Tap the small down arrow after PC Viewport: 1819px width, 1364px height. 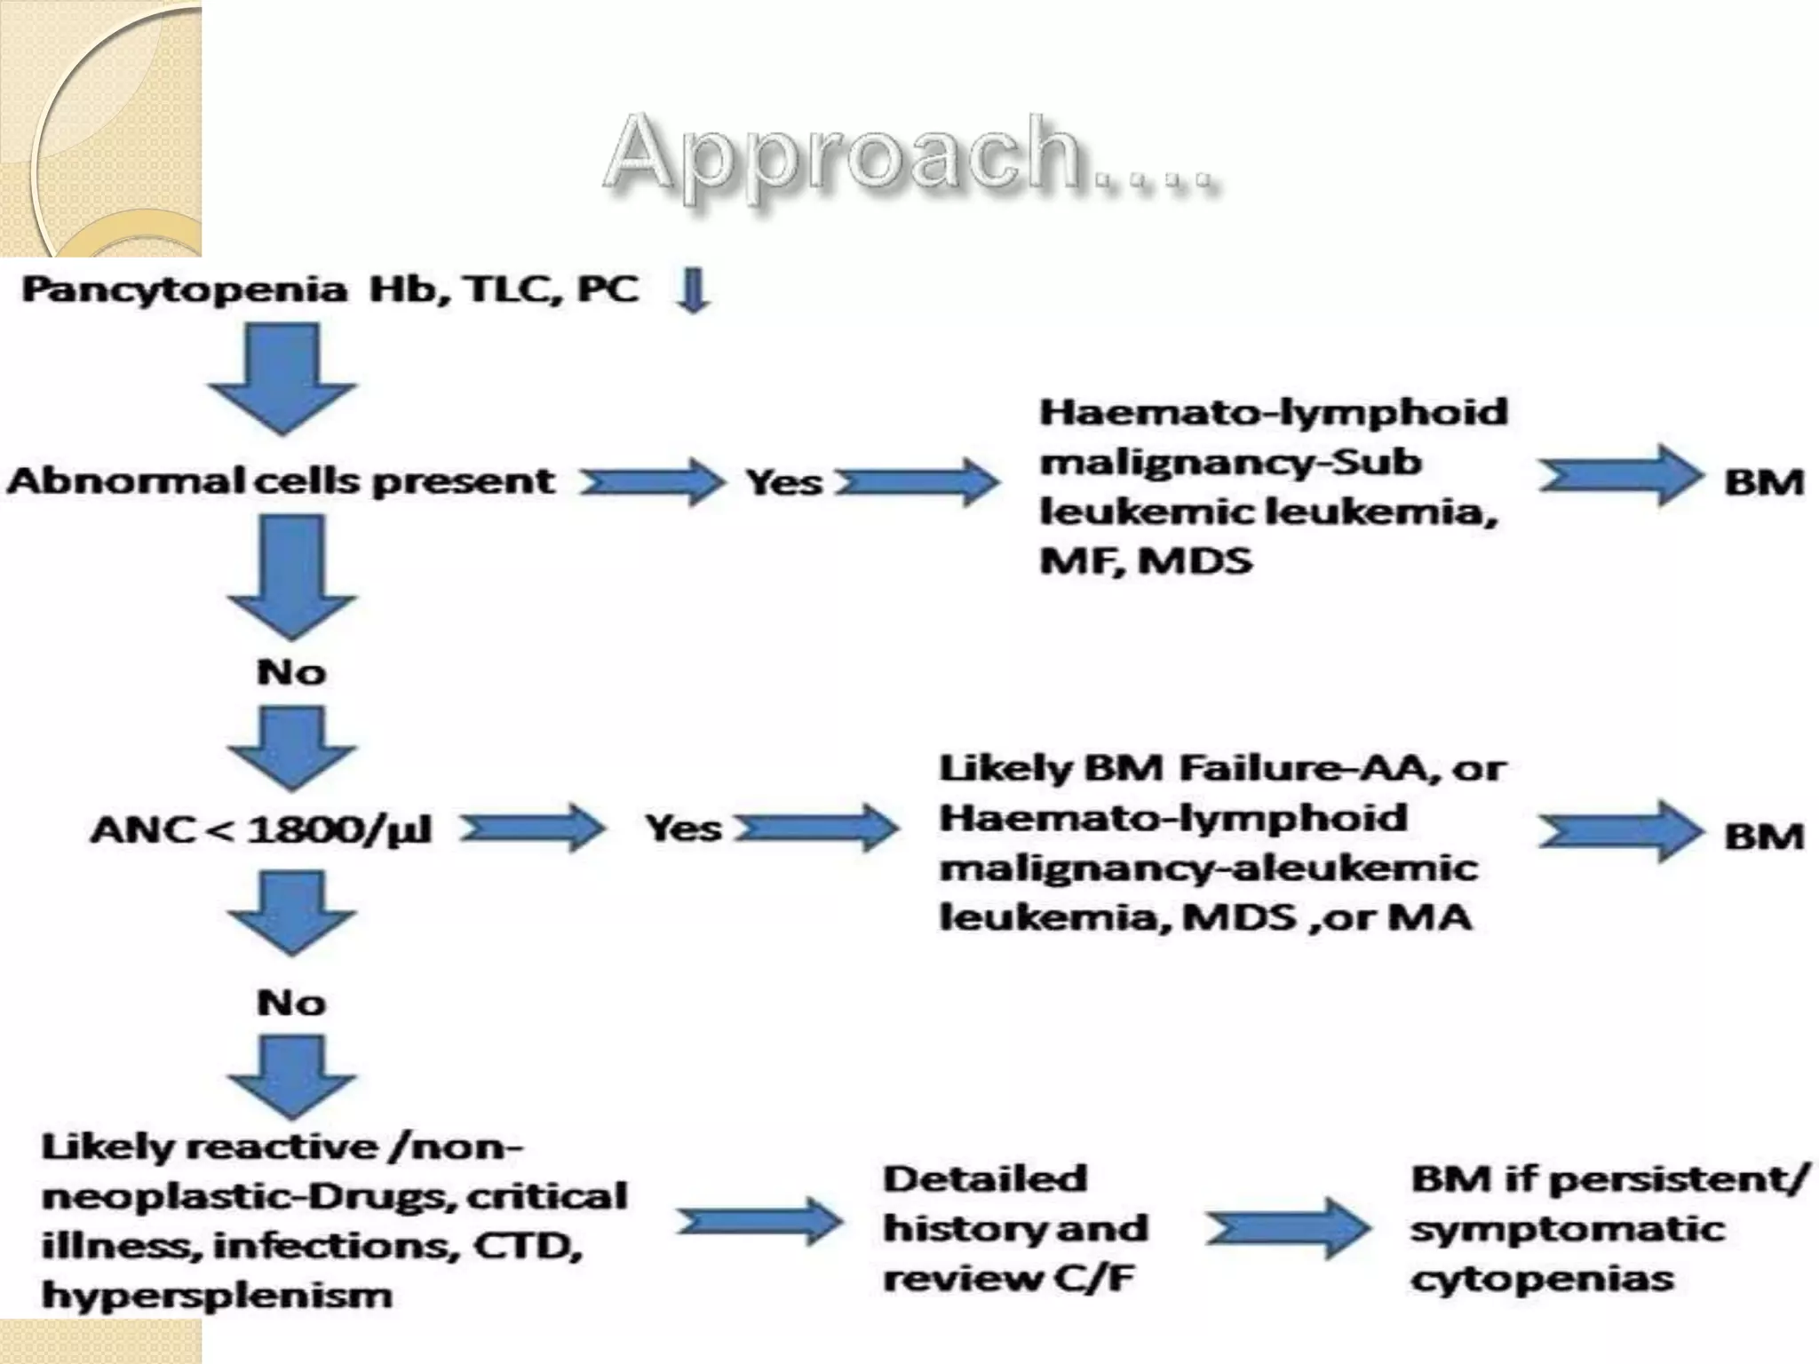[x=693, y=290]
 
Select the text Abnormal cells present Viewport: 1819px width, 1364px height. [x=281, y=481]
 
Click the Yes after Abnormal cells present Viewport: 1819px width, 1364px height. [x=783, y=483]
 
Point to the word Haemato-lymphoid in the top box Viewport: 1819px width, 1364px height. [x=1274, y=413]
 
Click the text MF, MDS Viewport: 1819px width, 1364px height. [x=1146, y=561]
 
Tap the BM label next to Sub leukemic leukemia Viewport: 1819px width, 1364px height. [x=1764, y=483]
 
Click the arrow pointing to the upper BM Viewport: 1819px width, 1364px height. [x=1618, y=477]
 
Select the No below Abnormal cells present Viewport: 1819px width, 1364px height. [x=291, y=672]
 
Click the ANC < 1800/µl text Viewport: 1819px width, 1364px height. [x=261, y=830]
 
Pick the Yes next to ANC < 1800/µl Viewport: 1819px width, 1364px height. [x=683, y=829]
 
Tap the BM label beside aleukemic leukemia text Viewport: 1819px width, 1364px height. [x=1764, y=837]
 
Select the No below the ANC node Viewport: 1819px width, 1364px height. [x=291, y=1003]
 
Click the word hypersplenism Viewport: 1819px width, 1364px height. [x=217, y=1295]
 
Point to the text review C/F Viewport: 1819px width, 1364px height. [x=1009, y=1279]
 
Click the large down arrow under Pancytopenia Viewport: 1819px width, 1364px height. [x=282, y=377]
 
